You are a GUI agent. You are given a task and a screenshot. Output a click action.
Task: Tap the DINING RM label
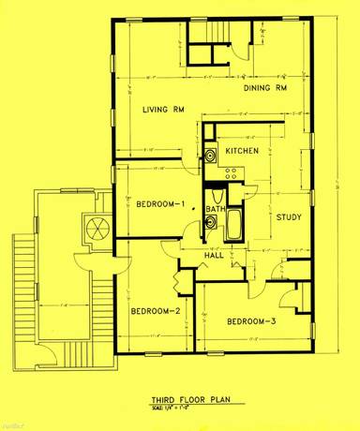(264, 89)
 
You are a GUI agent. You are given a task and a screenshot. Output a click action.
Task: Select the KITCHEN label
(242, 151)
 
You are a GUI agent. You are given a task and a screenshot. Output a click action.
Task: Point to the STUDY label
(288, 217)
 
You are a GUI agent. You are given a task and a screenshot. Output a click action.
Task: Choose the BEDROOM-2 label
(156, 311)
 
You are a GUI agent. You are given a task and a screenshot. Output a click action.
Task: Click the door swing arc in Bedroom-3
(293, 302)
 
